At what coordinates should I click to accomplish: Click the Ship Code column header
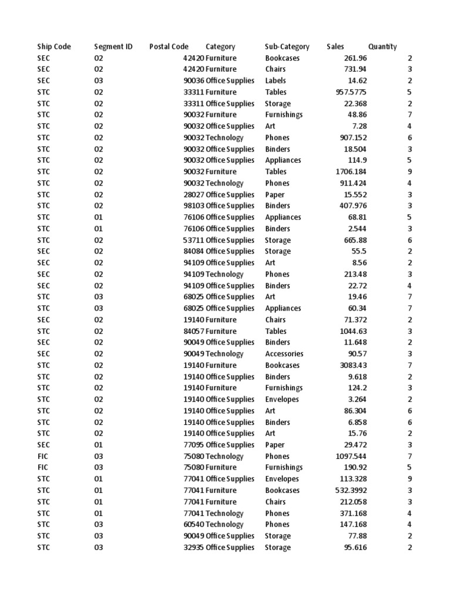click(x=54, y=47)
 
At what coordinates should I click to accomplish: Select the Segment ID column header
click(x=113, y=47)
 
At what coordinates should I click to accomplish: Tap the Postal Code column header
click(x=169, y=47)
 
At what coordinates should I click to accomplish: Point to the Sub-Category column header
click(x=287, y=47)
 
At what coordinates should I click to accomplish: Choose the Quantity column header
click(x=383, y=47)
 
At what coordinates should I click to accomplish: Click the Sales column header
click(x=335, y=47)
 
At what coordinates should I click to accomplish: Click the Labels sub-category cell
click(x=276, y=81)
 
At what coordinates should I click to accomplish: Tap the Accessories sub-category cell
click(x=284, y=354)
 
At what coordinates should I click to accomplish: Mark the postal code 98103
click(x=194, y=206)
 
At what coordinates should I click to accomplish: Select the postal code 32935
click(x=194, y=548)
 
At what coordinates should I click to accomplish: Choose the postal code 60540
click(x=194, y=525)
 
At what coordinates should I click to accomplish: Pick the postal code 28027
click(x=194, y=195)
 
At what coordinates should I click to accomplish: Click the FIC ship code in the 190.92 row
click(x=43, y=468)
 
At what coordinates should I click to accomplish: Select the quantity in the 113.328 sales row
click(x=409, y=479)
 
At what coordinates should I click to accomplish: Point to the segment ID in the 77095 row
click(x=98, y=445)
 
